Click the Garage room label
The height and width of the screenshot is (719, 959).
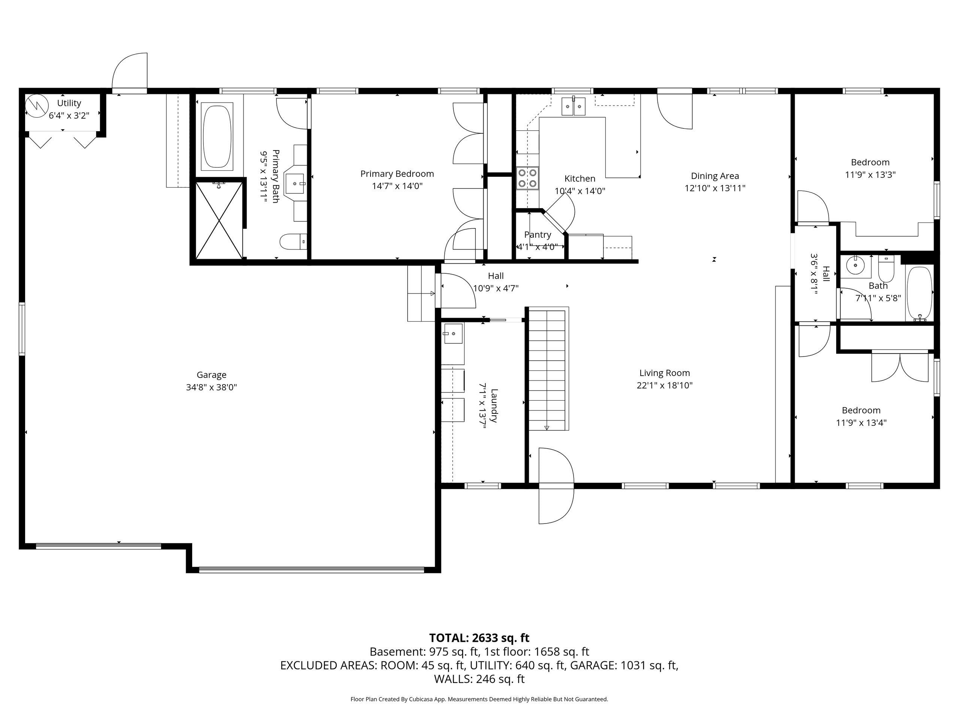212,375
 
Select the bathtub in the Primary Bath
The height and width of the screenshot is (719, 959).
218,136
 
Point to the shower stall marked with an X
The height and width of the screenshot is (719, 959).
220,221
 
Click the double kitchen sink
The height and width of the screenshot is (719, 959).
574,106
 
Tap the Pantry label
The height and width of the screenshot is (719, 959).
538,234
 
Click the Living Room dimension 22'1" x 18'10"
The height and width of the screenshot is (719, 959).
665,385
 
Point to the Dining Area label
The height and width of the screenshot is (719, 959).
715,176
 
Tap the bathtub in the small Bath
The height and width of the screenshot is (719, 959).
919,294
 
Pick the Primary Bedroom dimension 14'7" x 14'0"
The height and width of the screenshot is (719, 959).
397,186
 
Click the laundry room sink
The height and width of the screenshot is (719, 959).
453,333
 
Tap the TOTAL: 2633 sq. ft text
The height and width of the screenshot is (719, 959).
479,638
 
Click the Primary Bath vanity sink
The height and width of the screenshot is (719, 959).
296,184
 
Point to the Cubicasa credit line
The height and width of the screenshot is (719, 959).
479,699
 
